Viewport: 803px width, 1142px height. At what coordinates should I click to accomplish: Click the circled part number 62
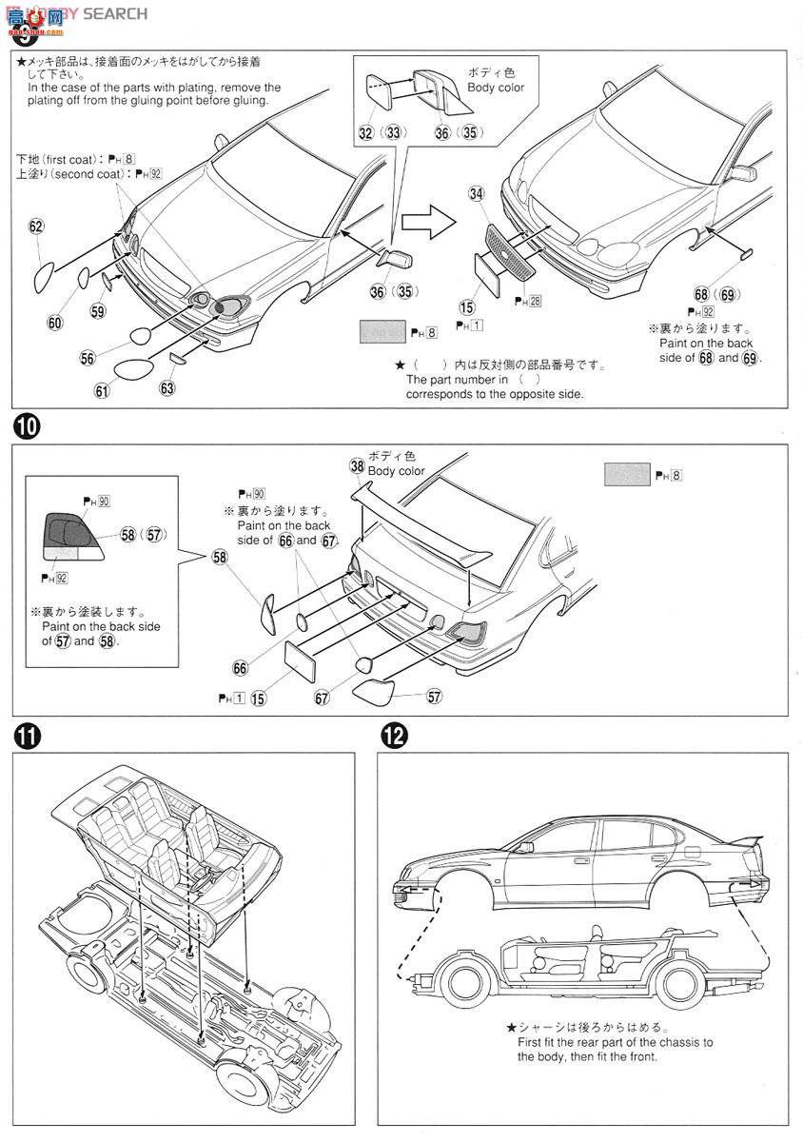pyautogui.click(x=36, y=226)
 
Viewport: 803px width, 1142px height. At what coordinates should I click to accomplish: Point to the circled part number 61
pyautogui.click(x=102, y=389)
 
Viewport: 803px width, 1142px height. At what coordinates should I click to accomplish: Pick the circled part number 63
pyautogui.click(x=168, y=388)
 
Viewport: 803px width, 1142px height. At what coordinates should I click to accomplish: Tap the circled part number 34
pyautogui.click(x=477, y=194)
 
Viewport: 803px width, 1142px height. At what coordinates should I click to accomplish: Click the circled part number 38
pyautogui.click(x=357, y=465)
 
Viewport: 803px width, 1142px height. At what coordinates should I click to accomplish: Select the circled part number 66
pyautogui.click(x=240, y=668)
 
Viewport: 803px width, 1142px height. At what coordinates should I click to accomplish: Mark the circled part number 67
pyautogui.click(x=323, y=698)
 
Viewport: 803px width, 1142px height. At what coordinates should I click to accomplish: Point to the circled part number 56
pyautogui.click(x=88, y=358)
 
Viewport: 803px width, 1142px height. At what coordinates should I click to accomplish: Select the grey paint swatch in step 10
pyautogui.click(x=627, y=474)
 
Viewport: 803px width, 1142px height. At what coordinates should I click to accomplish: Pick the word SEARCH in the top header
pyautogui.click(x=115, y=12)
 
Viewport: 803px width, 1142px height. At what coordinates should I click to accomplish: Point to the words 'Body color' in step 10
pyautogui.click(x=397, y=471)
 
